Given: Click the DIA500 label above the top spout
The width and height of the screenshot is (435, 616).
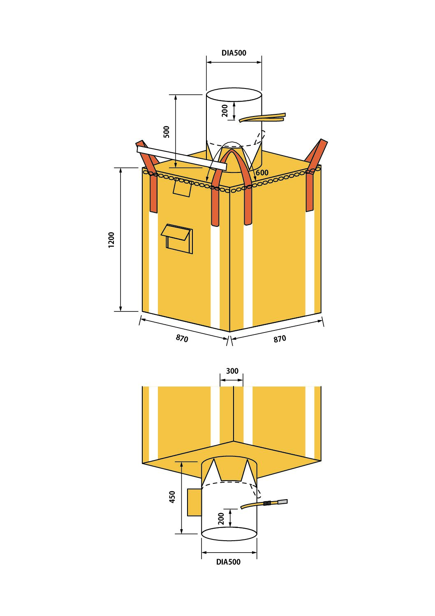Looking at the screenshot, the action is [x=234, y=53].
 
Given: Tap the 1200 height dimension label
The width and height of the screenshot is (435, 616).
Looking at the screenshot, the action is [x=111, y=240].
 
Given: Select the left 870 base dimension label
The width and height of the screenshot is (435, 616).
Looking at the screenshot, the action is [x=182, y=338].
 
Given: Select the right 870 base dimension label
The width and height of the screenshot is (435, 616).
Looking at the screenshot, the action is [x=280, y=339].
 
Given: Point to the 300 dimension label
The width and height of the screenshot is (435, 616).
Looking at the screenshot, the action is [x=232, y=371].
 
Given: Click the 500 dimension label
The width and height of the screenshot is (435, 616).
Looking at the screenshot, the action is [x=167, y=132].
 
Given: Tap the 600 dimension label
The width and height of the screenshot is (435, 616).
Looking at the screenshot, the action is [x=262, y=173].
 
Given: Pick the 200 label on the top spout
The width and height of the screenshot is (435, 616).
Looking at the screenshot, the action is [x=225, y=111].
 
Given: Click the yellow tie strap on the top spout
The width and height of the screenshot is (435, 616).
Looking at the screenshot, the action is [x=262, y=117].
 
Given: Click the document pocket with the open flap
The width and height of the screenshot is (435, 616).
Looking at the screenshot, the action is [x=177, y=239].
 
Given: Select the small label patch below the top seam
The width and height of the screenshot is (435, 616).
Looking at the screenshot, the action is [x=182, y=188].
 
